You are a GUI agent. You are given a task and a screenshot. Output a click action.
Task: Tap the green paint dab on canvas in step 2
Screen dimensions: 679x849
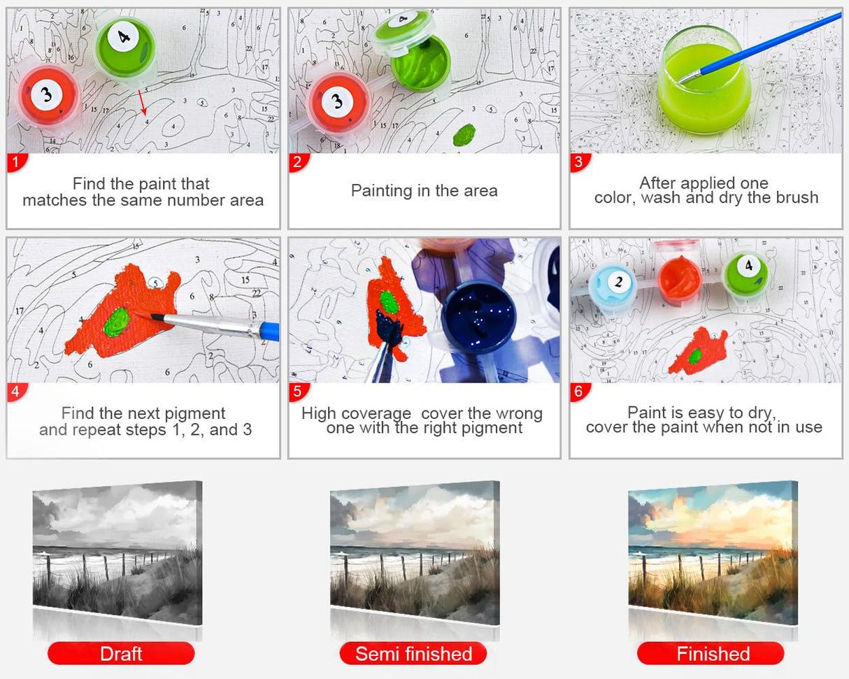pyautogui.click(x=464, y=134)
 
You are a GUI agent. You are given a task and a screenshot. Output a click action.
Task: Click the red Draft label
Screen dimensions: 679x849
pyautogui.click(x=121, y=654)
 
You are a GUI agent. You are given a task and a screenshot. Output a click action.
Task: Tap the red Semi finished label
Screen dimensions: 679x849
pyautogui.click(x=413, y=654)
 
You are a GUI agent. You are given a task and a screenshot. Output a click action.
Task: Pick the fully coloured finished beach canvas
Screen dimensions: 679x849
pyautogui.click(x=713, y=552)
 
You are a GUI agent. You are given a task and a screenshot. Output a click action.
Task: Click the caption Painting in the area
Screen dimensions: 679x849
pyautogui.click(x=424, y=190)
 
